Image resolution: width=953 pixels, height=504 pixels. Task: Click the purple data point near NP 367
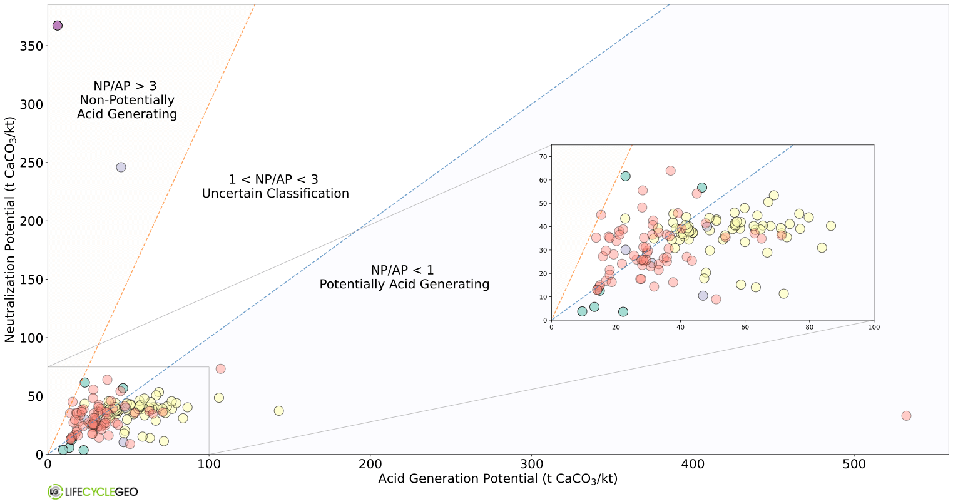coord(58,26)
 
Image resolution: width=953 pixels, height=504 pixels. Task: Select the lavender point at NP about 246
coord(121,168)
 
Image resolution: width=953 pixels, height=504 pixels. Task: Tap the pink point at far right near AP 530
coord(906,416)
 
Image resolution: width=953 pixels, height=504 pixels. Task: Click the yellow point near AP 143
coord(278,411)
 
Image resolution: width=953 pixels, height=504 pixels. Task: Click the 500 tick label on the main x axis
coord(855,465)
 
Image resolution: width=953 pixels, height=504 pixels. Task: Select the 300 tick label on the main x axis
coord(532,465)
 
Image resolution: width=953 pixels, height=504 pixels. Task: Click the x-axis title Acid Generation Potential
coord(497,479)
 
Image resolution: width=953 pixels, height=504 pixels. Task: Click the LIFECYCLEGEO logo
coord(93,491)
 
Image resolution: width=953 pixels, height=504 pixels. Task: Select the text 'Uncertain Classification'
coord(275,194)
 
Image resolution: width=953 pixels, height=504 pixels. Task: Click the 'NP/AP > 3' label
coord(125,86)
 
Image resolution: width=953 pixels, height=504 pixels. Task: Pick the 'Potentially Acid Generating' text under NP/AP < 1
coord(404,285)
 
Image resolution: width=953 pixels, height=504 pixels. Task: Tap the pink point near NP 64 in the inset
coord(670,171)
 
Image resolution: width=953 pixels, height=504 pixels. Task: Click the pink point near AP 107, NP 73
coord(220,369)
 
